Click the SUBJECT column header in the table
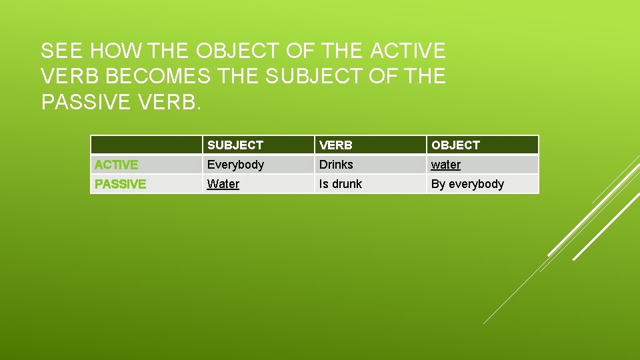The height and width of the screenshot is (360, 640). pos(235,145)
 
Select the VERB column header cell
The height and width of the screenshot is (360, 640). pos(335,145)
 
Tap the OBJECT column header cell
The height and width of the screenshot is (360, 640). pos(455,145)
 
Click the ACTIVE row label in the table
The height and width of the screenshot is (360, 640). pos(117,165)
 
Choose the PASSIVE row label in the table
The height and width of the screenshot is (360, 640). pos(121,184)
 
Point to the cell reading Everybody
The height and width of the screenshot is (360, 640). pos(235,165)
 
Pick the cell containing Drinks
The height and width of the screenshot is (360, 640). pos(336,165)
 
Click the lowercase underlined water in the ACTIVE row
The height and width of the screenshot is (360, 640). pos(446,165)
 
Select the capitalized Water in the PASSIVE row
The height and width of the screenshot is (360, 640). pos(223,184)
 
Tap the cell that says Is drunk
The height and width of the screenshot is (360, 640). pos(341,184)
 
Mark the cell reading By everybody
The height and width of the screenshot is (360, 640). pos(467,184)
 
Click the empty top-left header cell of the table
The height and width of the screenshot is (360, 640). pos(146,145)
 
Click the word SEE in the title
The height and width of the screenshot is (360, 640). pos(61,51)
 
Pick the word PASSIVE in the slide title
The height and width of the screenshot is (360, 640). pos(88,103)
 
